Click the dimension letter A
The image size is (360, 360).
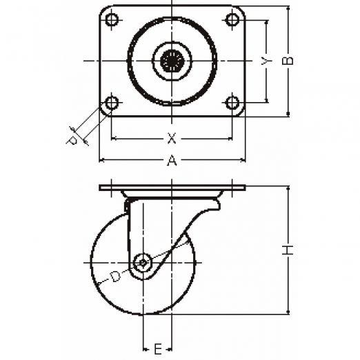[x=172, y=160]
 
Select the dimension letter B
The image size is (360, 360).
[x=288, y=61]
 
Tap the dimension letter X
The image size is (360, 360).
[x=172, y=139]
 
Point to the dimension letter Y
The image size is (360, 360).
[x=266, y=61]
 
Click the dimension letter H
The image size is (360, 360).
[x=288, y=250]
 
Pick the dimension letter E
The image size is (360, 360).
[x=157, y=349]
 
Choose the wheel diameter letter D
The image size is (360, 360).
[x=115, y=277]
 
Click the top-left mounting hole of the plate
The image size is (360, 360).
[x=112, y=19]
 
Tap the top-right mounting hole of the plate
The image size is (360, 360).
[x=232, y=19]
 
